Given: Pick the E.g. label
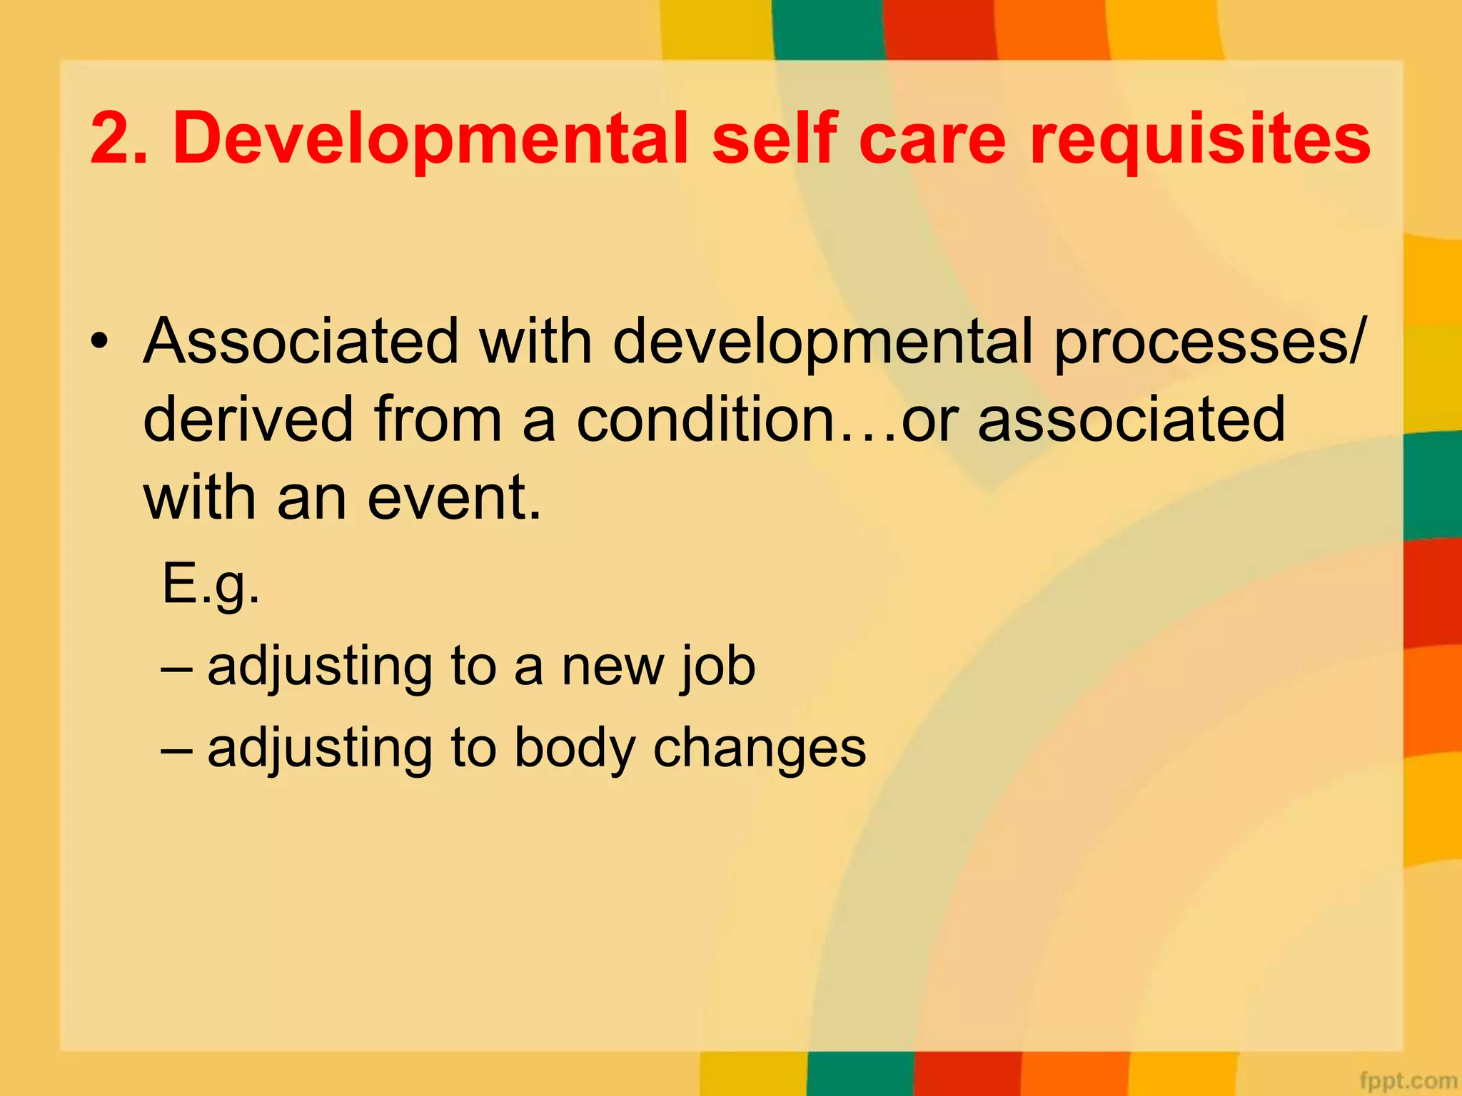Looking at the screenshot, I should pos(211,584).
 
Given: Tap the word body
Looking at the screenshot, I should pos(575,749).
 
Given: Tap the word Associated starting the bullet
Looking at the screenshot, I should pos(301,341).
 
